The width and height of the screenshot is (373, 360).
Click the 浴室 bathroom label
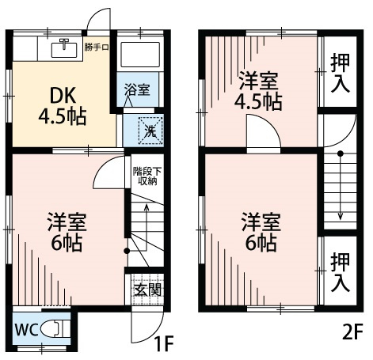tap(136, 90)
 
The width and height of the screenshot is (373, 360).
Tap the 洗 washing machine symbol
tap(148, 127)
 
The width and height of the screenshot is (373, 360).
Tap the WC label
tap(26, 329)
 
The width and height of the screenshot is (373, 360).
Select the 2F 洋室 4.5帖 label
tap(260, 90)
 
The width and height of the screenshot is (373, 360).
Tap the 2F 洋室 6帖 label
tap(260, 232)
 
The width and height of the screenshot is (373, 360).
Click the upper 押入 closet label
tap(341, 74)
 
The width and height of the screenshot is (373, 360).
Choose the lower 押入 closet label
tap(341, 271)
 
